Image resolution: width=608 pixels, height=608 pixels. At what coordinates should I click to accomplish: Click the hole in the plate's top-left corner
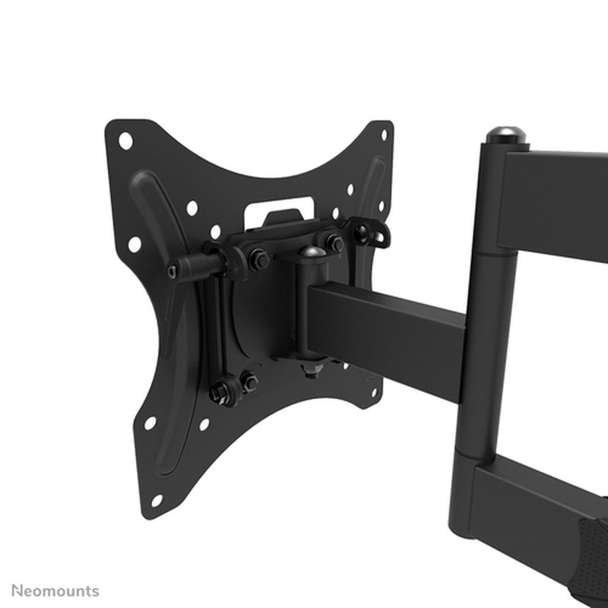(x=125, y=140)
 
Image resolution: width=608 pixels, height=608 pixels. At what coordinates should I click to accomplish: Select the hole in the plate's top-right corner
(x=383, y=135)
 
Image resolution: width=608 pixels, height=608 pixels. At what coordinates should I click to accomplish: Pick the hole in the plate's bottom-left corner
(x=156, y=500)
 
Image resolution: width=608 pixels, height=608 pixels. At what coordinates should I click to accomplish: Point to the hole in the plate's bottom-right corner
(x=373, y=393)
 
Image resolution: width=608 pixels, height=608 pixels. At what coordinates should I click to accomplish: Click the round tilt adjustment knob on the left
(x=177, y=271)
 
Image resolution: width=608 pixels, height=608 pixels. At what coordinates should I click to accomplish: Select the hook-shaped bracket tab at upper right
(x=372, y=231)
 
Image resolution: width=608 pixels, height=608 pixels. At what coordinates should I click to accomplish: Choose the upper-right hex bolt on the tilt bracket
(x=334, y=242)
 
